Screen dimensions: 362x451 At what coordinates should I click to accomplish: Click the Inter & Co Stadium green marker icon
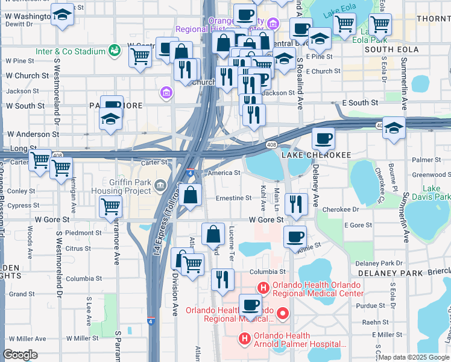pyautogui.click(x=113, y=51)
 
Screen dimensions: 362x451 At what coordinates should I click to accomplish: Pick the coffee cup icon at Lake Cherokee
pyautogui.click(x=323, y=139)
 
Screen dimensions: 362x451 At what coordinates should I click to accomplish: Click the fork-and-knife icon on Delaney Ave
pyautogui.click(x=296, y=205)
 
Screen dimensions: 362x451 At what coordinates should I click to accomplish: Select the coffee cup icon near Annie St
pyautogui.click(x=294, y=237)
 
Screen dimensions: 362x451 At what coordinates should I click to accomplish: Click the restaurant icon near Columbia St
pyautogui.click(x=222, y=279)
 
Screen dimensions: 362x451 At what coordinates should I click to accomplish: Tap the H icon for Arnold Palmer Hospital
pyautogui.click(x=244, y=340)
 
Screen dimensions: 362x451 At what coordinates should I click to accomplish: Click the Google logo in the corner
pyautogui.click(x=20, y=355)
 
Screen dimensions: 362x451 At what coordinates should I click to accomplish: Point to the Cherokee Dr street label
pyautogui.click(x=341, y=209)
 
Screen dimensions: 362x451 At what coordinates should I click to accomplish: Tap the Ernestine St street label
pyautogui.click(x=233, y=198)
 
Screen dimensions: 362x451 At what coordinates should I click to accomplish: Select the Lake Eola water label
pyautogui.click(x=339, y=13)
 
